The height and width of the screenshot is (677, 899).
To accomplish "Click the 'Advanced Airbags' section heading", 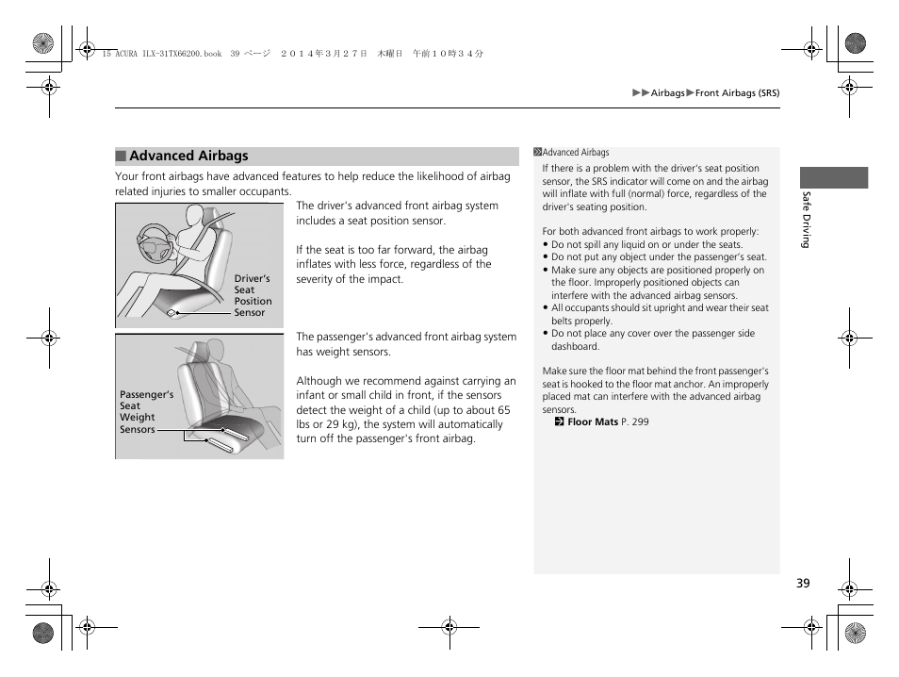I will click(188, 157).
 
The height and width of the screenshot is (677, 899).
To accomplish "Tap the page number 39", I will click(802, 583).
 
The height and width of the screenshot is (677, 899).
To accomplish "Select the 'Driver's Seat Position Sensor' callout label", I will click(253, 296).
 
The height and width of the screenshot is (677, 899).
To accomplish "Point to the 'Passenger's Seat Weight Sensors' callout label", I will click(146, 412).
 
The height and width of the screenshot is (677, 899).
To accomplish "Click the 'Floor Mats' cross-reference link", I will click(592, 422).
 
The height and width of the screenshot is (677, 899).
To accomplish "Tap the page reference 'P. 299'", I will click(634, 422).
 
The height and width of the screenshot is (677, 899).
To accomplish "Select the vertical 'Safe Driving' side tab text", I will click(806, 220).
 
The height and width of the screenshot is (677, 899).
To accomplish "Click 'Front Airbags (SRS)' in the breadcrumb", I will click(737, 93).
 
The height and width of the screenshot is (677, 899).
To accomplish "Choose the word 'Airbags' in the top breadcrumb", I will click(667, 93).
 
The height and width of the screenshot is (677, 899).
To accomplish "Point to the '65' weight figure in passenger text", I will click(503, 410).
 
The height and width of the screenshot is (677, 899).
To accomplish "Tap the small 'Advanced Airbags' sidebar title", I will click(576, 153).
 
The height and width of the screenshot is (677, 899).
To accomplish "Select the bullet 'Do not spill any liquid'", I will click(646, 244).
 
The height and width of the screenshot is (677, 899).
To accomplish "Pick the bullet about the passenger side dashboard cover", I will click(652, 339).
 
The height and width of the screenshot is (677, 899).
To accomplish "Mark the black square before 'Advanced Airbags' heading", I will click(121, 157).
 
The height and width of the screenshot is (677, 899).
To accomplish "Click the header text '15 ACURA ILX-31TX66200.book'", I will click(161, 55).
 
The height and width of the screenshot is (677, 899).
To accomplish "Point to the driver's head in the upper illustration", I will click(194, 219).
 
